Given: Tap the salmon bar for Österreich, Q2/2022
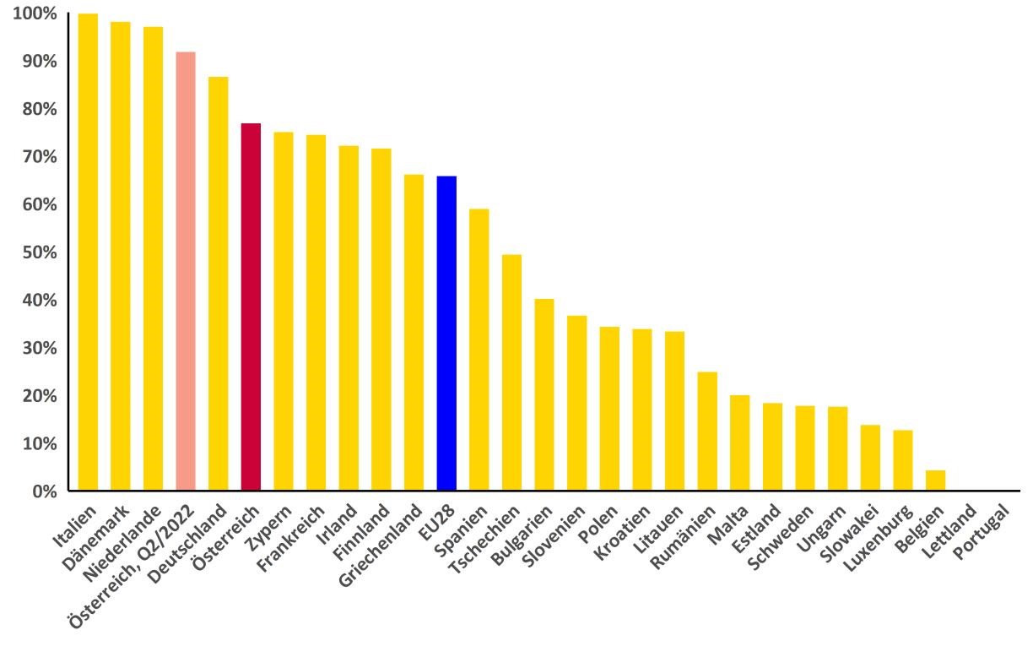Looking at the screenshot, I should (x=186, y=271).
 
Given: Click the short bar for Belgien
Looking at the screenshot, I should (x=935, y=480).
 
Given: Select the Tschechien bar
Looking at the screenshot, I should (x=511, y=372).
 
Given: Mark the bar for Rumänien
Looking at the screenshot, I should (x=707, y=431).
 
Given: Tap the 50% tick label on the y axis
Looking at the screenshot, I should (x=39, y=252).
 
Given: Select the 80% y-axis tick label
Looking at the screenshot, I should (x=39, y=109).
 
